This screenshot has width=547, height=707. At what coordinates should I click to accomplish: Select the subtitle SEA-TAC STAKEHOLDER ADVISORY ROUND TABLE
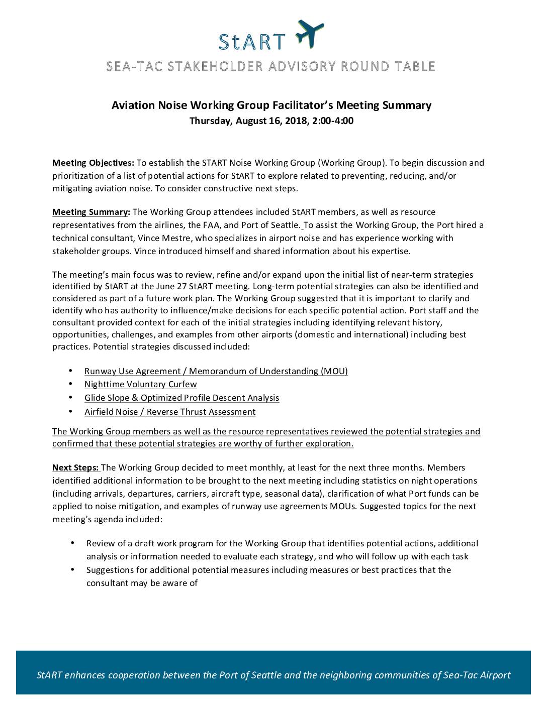pos(270,66)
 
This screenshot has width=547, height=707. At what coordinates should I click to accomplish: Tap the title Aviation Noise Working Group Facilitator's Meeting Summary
pos(271,105)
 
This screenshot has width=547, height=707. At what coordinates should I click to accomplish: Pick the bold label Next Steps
pos(76,468)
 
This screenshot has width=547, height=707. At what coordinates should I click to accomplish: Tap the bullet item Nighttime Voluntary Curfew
pos(140,385)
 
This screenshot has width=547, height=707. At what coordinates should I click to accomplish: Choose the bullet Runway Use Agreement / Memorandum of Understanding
pos(216,371)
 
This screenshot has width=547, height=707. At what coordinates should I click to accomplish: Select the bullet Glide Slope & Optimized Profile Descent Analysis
pos(181,398)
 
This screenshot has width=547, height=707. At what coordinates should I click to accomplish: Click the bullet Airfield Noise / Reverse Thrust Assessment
pos(170,412)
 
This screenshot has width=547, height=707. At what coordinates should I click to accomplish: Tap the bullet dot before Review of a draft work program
pos(72,543)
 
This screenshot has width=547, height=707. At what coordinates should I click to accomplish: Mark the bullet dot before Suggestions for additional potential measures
pos(72,570)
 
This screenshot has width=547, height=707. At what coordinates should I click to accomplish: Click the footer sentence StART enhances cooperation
pos(273,675)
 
